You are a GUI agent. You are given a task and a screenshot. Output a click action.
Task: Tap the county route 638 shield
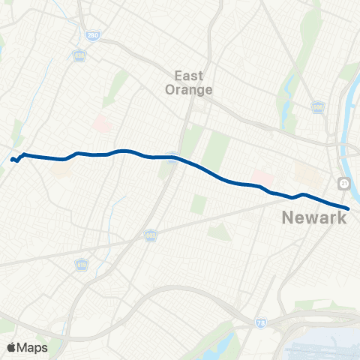[x=79, y=55]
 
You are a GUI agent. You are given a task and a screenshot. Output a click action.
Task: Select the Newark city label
[x=314, y=217]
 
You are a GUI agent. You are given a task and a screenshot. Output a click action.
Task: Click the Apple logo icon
[x=11, y=347]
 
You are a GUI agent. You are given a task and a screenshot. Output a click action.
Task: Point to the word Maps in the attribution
[x=32, y=347]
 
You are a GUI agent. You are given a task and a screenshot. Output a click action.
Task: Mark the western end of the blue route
[x=12, y=159]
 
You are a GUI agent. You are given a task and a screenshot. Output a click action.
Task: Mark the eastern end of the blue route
[x=349, y=208]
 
